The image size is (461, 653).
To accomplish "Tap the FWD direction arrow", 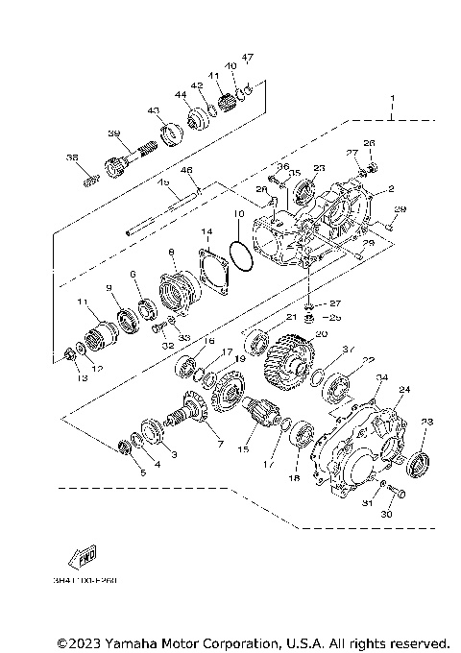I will [82, 557].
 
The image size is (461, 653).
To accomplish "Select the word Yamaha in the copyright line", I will [149, 641].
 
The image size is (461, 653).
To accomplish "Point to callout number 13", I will [83, 378].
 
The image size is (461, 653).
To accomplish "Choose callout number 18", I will [294, 477].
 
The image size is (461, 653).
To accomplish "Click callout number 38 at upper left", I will [71, 157].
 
